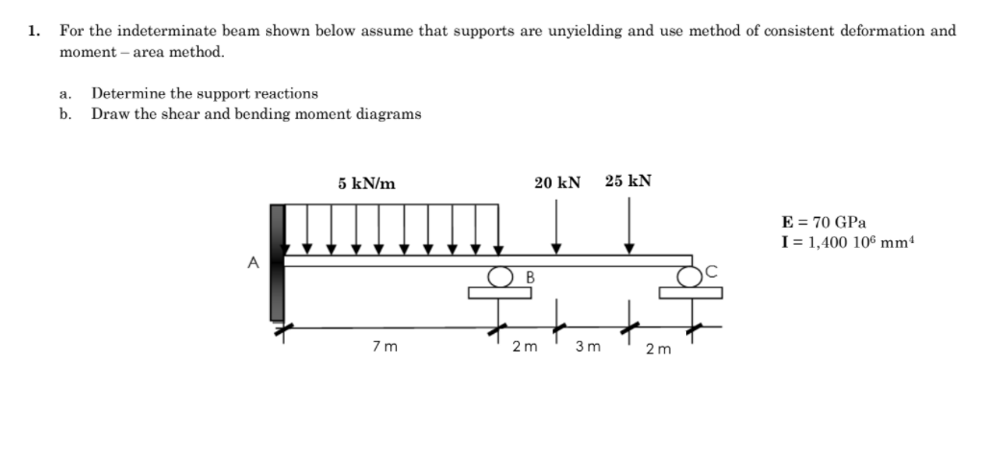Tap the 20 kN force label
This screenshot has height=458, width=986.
point(557,182)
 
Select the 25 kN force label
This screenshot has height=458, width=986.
point(629,181)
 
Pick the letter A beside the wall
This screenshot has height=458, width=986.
point(254,260)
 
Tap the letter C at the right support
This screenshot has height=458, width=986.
point(710,273)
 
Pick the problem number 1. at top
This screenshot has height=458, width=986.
point(35,31)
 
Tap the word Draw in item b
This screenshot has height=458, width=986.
point(108,113)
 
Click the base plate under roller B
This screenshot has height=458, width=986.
point(500,294)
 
